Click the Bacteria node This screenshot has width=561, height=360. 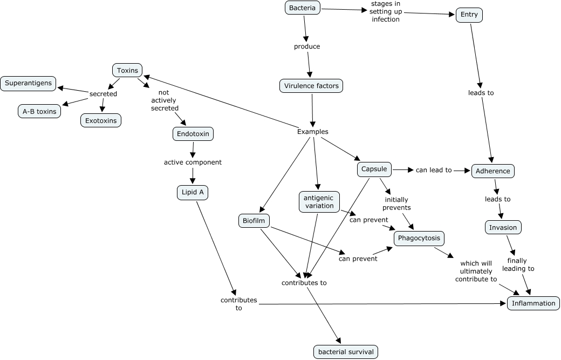pyautogui.click(x=302, y=8)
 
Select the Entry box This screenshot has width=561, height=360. pyautogui.click(x=469, y=15)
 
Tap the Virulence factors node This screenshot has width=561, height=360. pyautogui.click(x=311, y=85)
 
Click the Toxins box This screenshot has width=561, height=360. pyautogui.click(x=127, y=70)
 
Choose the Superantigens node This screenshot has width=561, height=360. pyautogui.click(x=28, y=83)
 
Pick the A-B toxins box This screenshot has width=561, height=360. pyautogui.click(x=39, y=112)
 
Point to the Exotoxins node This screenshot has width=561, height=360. pyautogui.click(x=101, y=120)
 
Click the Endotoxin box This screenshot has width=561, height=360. pyautogui.click(x=193, y=133)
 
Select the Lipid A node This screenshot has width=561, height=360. pyautogui.click(x=193, y=193)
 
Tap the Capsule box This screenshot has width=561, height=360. pyautogui.click(x=374, y=169)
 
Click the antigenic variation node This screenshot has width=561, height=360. pyautogui.click(x=319, y=202)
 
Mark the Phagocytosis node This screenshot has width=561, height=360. pyautogui.click(x=419, y=238)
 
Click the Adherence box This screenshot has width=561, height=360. pyautogui.click(x=493, y=171)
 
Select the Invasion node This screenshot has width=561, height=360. pyautogui.click(x=503, y=227)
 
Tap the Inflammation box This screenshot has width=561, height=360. pyautogui.click(x=533, y=303)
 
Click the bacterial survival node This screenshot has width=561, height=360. pyautogui.click(x=345, y=352)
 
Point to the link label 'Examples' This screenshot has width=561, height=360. pyautogui.click(x=312, y=132)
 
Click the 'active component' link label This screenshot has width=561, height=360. pyautogui.click(x=193, y=162)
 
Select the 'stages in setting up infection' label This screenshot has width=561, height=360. pyautogui.click(x=385, y=11)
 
